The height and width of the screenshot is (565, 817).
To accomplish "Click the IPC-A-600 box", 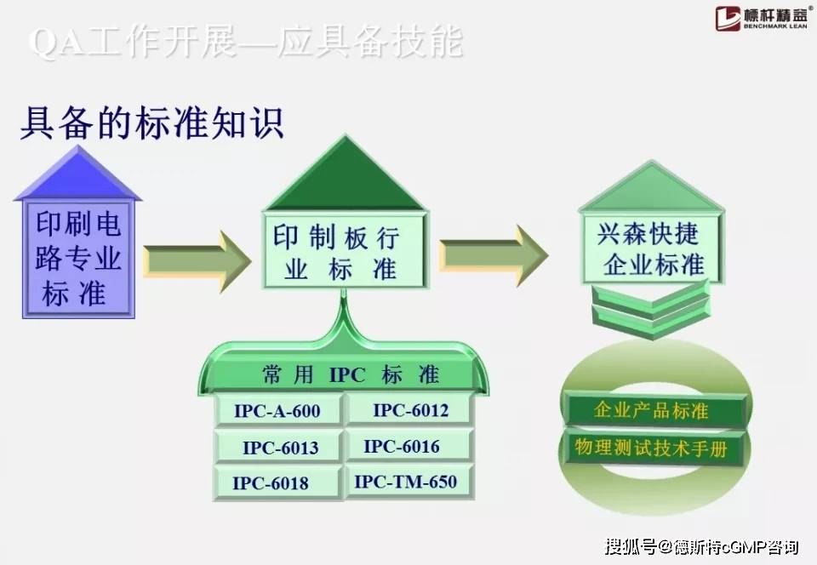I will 277,411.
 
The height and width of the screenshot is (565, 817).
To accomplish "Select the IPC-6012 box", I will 409,410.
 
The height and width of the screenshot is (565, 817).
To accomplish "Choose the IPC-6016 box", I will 409,446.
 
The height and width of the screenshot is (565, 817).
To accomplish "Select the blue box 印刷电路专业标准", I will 78,259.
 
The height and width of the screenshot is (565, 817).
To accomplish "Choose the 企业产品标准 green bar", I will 651,411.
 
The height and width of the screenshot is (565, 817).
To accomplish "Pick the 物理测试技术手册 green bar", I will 651,448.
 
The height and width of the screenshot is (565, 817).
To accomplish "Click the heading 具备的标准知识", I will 151,124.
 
